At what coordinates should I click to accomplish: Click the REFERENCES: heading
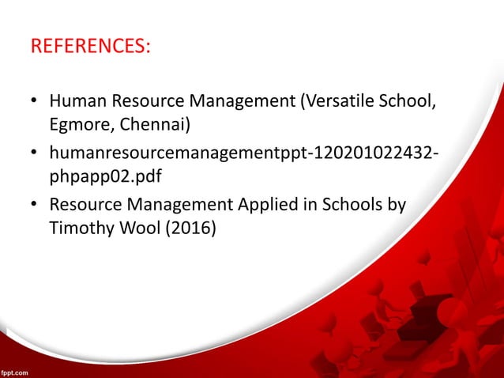click(x=90, y=46)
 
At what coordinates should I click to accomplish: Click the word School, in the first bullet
click(x=411, y=102)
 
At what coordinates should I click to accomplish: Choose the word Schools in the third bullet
click(x=348, y=206)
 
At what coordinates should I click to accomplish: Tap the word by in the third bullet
click(x=396, y=206)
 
